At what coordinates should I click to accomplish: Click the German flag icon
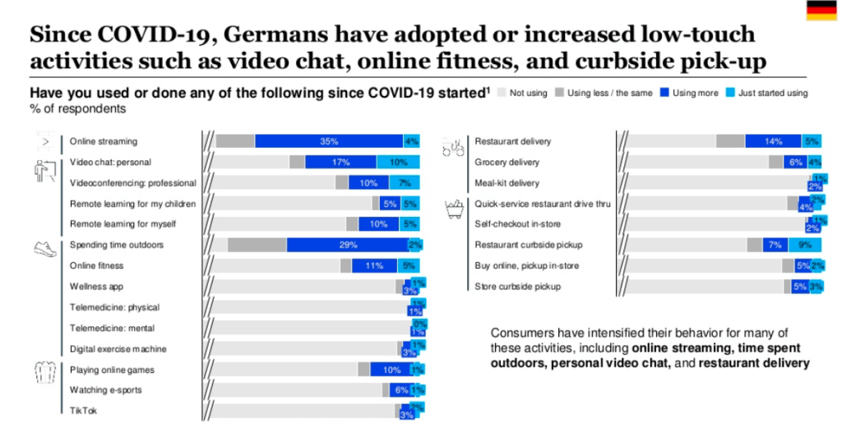[x=821, y=11]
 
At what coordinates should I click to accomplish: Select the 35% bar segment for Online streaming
[x=328, y=141]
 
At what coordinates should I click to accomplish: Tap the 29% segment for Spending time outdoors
[x=347, y=245]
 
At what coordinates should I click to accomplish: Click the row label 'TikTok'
[x=82, y=412]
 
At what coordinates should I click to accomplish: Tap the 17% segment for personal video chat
[x=340, y=162]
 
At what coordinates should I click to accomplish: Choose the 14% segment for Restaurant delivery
[x=772, y=141]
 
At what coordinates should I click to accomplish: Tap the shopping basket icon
[x=453, y=209]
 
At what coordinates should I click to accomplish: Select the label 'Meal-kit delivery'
[x=507, y=182]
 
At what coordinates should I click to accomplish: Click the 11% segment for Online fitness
[x=374, y=265]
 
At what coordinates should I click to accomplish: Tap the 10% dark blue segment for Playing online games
[x=391, y=370]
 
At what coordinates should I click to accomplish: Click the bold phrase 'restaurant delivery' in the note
[x=754, y=362]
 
